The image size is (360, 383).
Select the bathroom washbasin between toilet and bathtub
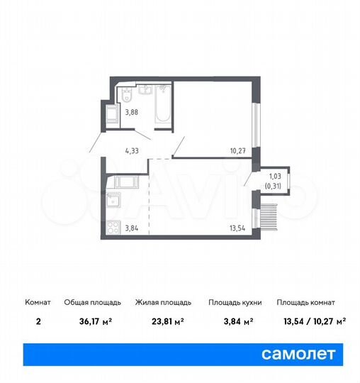pyautogui.click(x=145, y=90)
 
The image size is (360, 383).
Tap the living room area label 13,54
pyautogui.click(x=237, y=228)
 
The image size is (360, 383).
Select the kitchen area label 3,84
pyautogui.click(x=132, y=228)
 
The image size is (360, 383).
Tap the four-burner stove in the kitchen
pyautogui.click(x=113, y=227)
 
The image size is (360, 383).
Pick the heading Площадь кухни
pyautogui.click(x=235, y=302)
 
